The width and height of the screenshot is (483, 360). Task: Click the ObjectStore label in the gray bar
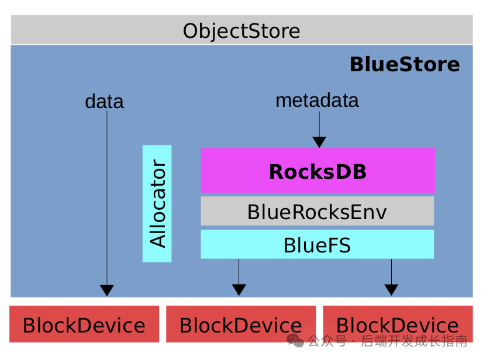tap(241, 30)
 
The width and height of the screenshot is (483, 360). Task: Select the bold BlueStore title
tap(404, 64)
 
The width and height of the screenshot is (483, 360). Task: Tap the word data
tap(104, 102)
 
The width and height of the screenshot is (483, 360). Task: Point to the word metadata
tap(317, 101)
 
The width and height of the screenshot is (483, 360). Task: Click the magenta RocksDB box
tap(318, 171)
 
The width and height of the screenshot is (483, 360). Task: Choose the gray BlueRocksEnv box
tap(318, 212)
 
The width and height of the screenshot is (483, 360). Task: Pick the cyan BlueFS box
tap(318, 245)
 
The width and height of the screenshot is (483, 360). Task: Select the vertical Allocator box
tap(157, 203)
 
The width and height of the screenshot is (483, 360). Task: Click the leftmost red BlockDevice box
tap(84, 324)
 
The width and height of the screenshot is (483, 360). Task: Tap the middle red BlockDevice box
tap(241, 324)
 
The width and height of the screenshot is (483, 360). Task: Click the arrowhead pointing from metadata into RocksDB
tap(319, 142)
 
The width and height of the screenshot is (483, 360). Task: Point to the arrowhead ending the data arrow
tap(106, 290)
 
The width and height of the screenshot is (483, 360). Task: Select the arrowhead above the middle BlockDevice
tap(239, 289)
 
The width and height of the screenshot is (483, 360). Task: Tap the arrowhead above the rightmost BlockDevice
tap(391, 289)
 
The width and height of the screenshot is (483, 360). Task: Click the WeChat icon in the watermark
tap(295, 341)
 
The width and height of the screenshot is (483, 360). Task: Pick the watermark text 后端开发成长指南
tap(414, 341)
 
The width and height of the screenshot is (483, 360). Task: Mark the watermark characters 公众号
tap(327, 341)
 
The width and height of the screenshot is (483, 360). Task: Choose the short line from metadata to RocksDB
tap(319, 123)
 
